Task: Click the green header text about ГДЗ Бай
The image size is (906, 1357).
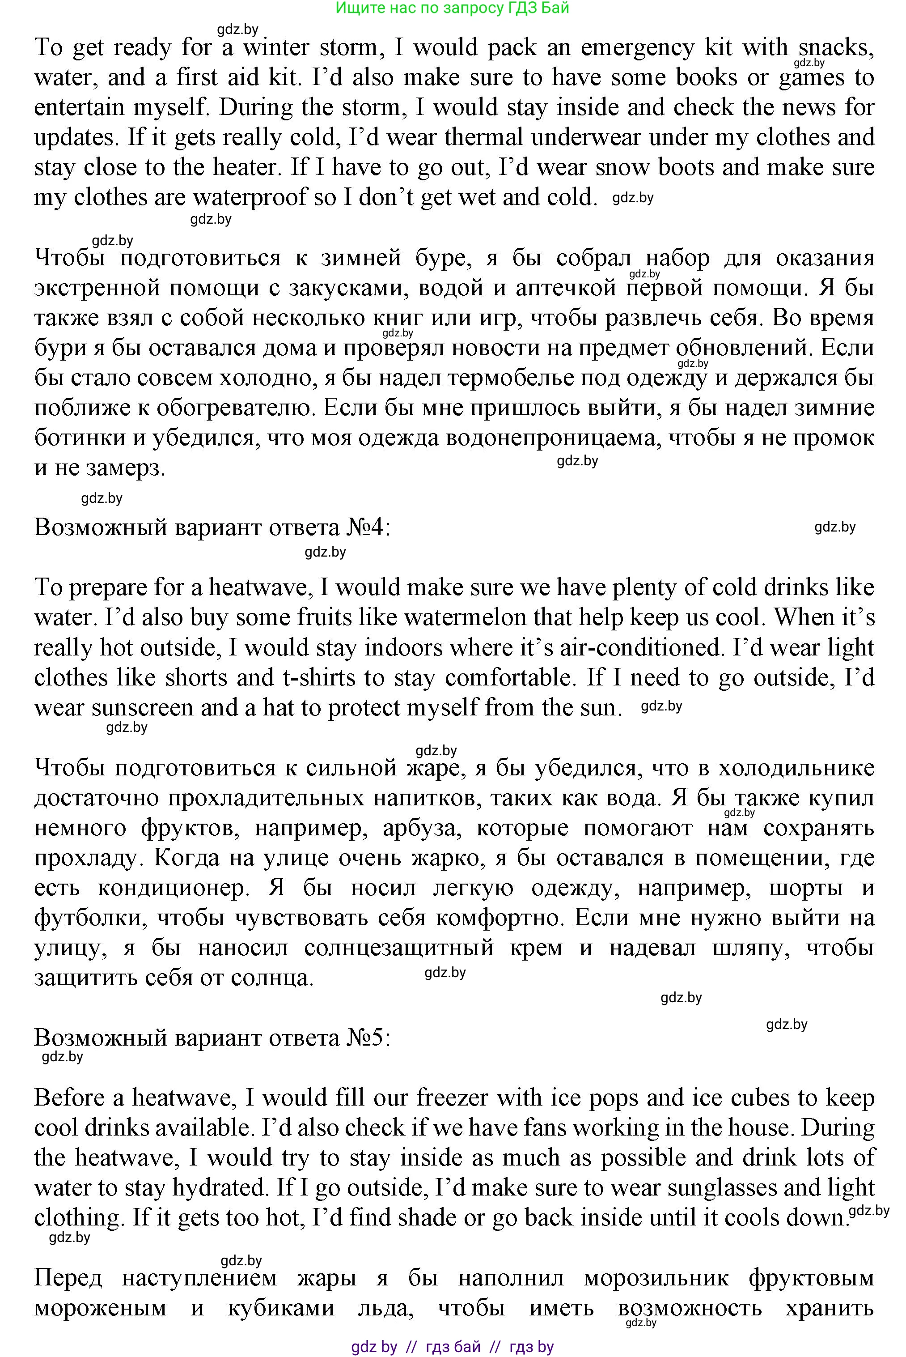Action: [453, 8]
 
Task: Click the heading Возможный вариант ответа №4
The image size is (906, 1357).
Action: [212, 527]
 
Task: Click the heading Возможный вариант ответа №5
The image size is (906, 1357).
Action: [212, 1038]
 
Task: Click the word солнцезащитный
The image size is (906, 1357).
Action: [399, 948]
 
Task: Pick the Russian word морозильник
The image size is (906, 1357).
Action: [656, 1278]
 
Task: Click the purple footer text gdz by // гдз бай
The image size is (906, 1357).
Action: [453, 1347]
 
